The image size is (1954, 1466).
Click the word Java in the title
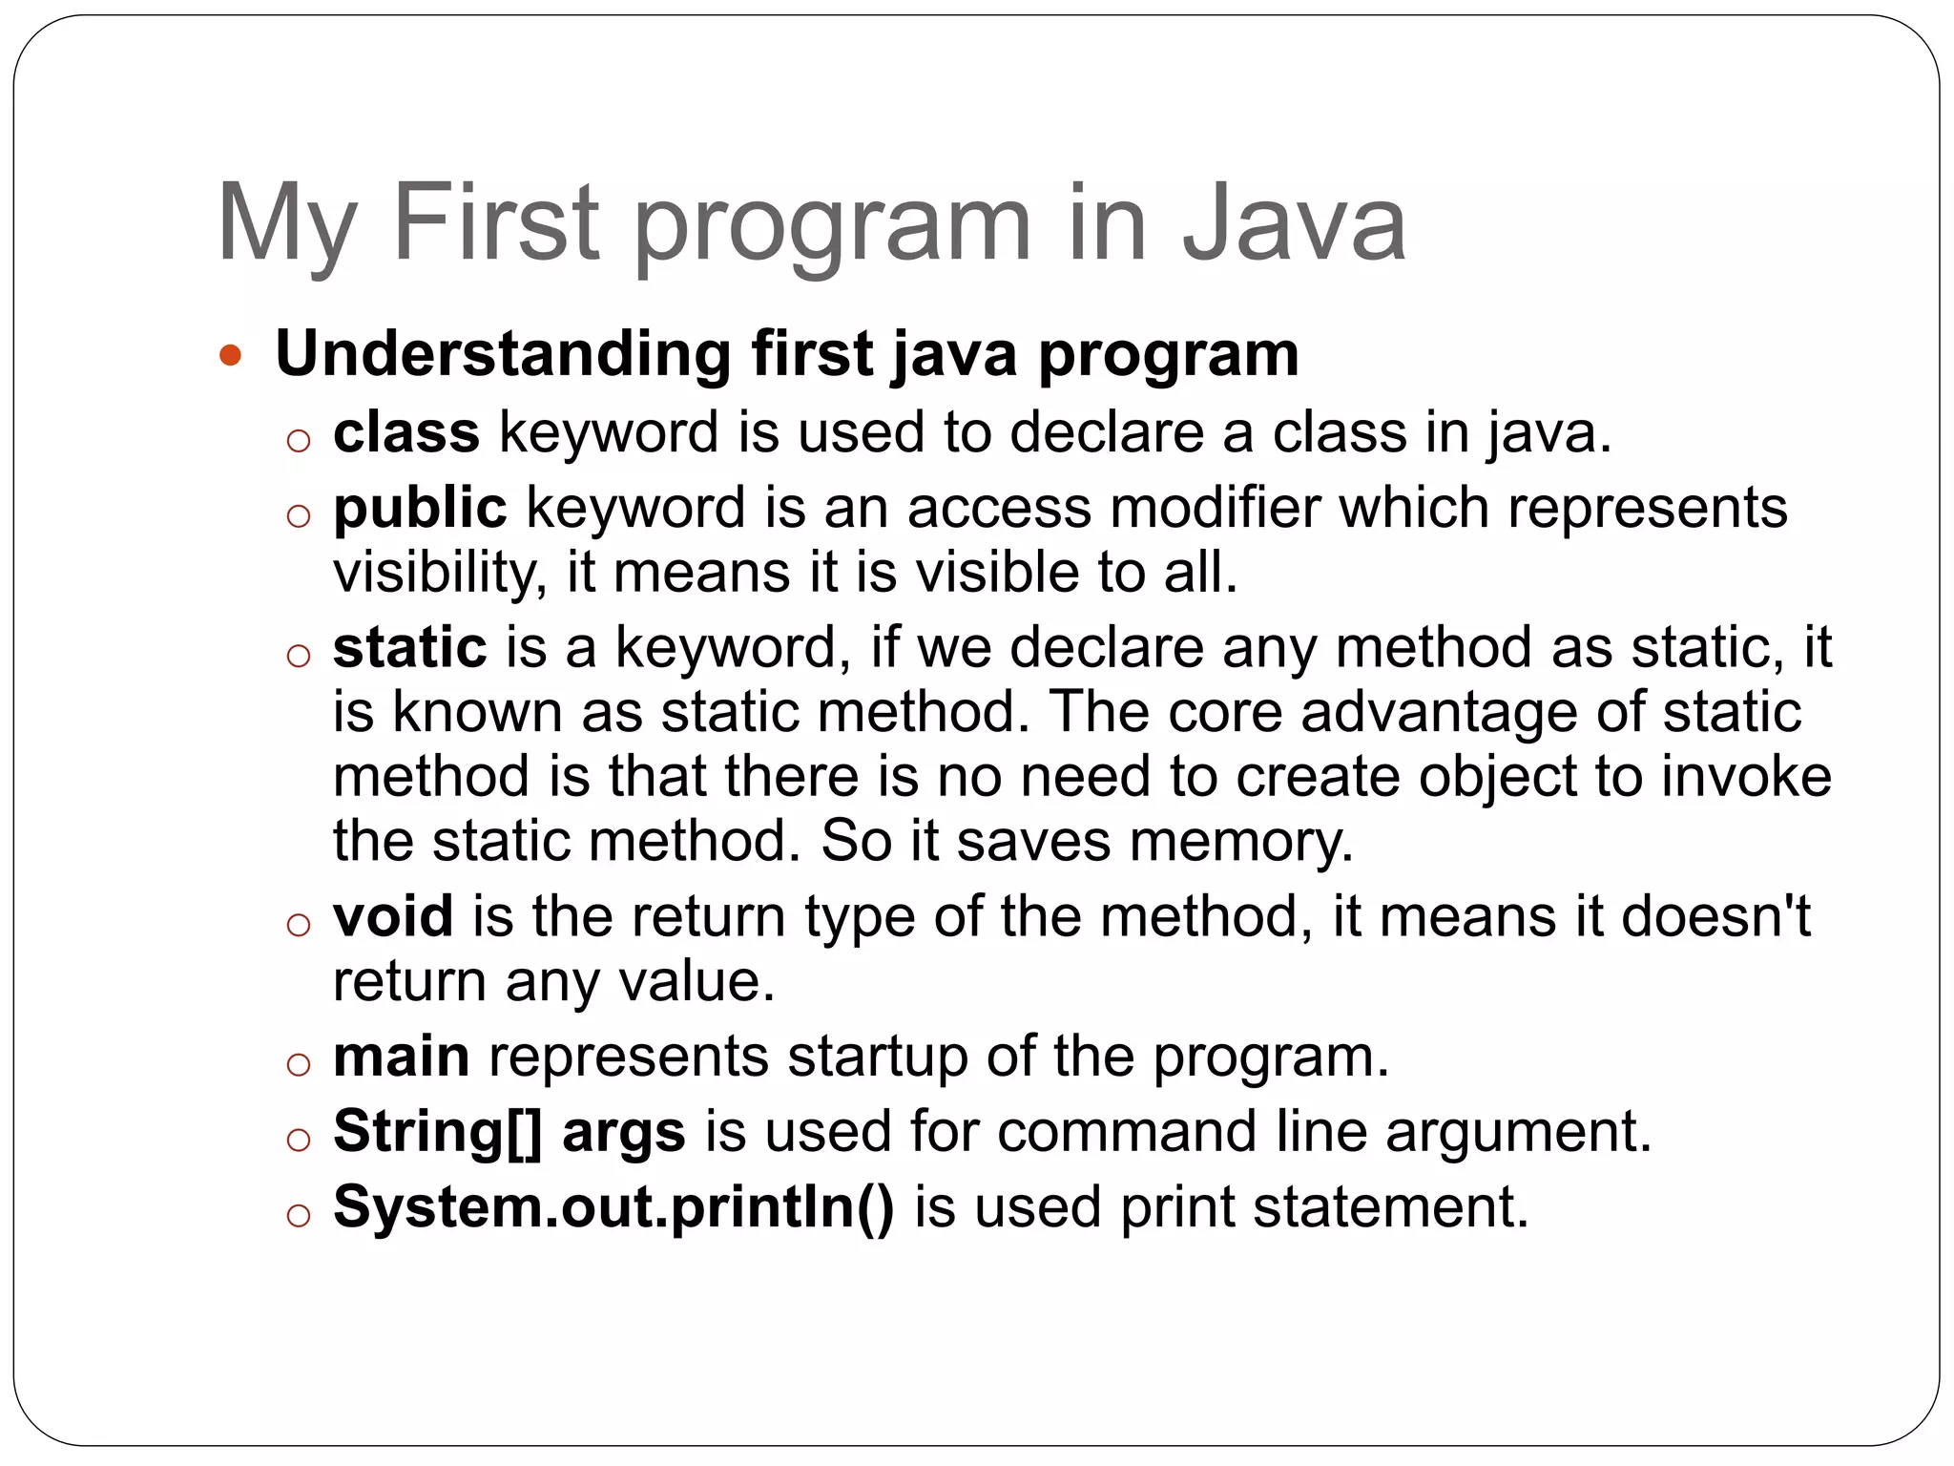pyautogui.click(x=1294, y=223)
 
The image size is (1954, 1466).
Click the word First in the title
pyautogui.click(x=495, y=223)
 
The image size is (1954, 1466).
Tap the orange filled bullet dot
pyautogui.click(x=230, y=356)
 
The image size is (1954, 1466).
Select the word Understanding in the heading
pyautogui.click(x=502, y=355)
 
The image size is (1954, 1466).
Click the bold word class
pyautogui.click(x=406, y=432)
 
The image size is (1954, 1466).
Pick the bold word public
pyautogui.click(x=420, y=509)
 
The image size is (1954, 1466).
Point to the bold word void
pyautogui.click(x=393, y=916)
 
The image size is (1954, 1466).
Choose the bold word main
pyautogui.click(x=401, y=1057)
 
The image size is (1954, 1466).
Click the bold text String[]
pyautogui.click(x=438, y=1132)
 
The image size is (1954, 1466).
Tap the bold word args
pyautogui.click(x=624, y=1132)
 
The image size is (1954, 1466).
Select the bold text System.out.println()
pyautogui.click(x=613, y=1206)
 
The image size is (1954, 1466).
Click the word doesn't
pyautogui.click(x=1715, y=916)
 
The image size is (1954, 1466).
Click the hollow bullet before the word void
pyautogui.click(x=299, y=924)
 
